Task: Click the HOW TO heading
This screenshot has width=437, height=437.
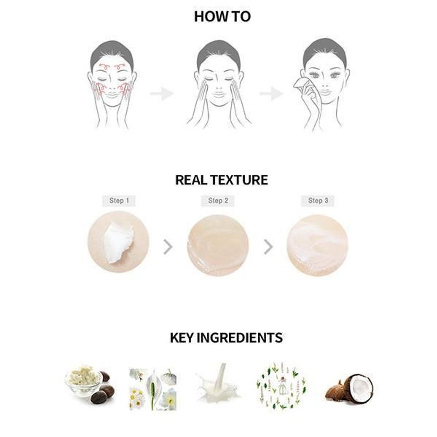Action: (x=222, y=17)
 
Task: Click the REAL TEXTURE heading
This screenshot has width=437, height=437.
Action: (x=221, y=180)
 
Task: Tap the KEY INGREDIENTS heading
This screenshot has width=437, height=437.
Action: (x=226, y=338)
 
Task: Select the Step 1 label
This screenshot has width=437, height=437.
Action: (x=119, y=201)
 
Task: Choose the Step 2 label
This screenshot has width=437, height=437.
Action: (x=218, y=201)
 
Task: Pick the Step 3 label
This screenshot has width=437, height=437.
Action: (x=318, y=201)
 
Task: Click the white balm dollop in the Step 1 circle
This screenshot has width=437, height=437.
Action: (x=118, y=242)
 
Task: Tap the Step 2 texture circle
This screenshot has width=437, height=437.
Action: (x=218, y=245)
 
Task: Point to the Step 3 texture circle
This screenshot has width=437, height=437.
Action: (x=318, y=245)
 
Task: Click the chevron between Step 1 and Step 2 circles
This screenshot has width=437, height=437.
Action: (x=168, y=247)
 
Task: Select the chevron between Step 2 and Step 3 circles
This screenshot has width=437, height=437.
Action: (x=268, y=247)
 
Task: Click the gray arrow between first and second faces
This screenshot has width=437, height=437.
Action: (x=162, y=93)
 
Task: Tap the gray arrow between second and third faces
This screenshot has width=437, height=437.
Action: (x=271, y=93)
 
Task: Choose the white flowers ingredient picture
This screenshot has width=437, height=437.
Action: (x=153, y=389)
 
